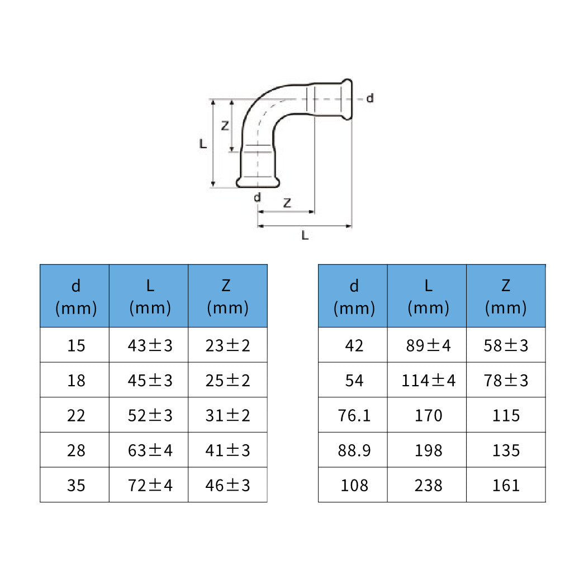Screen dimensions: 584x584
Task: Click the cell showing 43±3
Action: tap(150, 345)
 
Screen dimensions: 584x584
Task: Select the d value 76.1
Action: tap(354, 416)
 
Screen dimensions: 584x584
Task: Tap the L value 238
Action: tap(428, 486)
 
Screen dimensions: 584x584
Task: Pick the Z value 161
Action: tap(506, 486)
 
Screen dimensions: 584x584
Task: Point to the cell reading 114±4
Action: tap(428, 381)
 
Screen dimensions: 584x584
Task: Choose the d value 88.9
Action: tap(354, 450)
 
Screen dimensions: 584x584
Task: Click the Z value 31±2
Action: tap(227, 416)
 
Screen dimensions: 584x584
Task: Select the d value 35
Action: tap(76, 486)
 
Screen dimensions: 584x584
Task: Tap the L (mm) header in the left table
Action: tap(150, 297)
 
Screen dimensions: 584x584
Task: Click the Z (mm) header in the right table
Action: tap(506, 297)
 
